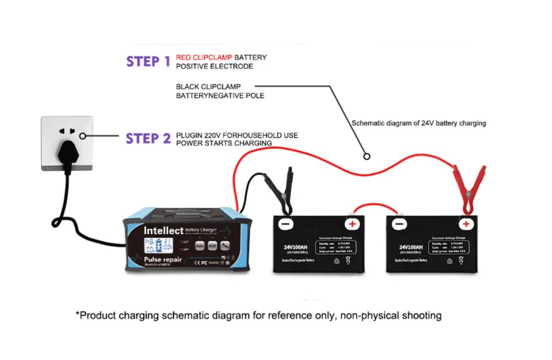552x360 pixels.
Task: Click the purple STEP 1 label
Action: pos(148,61)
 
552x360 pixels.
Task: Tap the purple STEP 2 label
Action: pos(148,138)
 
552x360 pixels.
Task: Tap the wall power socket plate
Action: pos(67,143)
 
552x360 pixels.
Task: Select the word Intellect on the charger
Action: pos(163,230)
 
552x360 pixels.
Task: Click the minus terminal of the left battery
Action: pos(285,224)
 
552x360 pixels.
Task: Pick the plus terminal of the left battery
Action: pos(352,224)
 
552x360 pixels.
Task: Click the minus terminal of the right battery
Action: pos(398,224)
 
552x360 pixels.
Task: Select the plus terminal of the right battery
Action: pos(465,224)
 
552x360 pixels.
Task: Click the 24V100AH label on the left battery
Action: pos(295,248)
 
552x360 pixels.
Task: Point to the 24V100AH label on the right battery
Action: pos(408,248)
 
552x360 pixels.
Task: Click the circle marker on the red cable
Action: pos(367,157)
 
